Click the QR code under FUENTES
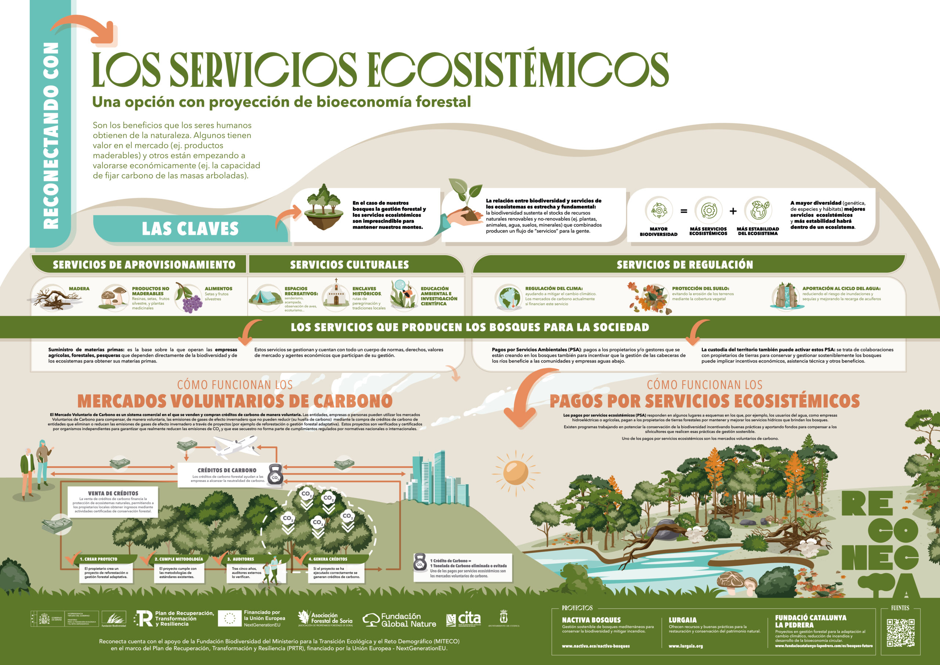(900, 633)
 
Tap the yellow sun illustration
(516, 472)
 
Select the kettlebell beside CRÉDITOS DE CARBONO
(275, 475)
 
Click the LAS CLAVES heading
(190, 229)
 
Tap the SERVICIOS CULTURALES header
(349, 265)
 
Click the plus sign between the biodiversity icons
(733, 211)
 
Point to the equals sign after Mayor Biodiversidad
(684, 211)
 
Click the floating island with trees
(324, 207)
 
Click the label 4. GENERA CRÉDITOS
(328, 559)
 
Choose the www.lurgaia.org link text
(686, 646)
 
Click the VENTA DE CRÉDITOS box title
(113, 493)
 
